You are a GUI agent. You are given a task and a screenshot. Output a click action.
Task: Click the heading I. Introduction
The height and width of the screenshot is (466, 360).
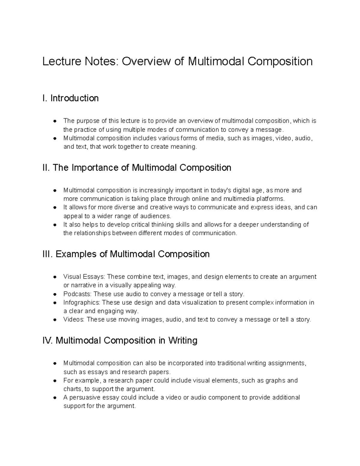point(70,98)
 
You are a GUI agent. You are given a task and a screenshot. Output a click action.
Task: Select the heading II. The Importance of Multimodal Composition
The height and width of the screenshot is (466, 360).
point(137,167)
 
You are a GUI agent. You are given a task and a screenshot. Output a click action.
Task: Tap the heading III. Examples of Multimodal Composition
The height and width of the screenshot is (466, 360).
point(126,254)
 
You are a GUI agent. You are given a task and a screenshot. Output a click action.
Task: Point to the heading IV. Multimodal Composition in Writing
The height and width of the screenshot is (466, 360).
point(120,340)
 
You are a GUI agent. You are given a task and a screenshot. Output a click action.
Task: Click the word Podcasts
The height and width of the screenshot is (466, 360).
point(74,294)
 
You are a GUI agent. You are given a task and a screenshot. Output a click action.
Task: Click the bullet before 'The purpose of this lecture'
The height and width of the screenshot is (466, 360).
point(55,121)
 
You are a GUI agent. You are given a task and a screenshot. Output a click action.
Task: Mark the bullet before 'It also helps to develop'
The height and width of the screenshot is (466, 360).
point(55,225)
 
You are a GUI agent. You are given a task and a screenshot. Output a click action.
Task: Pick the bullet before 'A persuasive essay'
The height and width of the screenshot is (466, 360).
point(55,398)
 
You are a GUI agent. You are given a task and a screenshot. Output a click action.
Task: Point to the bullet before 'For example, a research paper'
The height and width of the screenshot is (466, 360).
point(55,380)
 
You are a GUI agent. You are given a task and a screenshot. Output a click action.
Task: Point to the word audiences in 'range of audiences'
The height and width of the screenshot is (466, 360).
point(155,216)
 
